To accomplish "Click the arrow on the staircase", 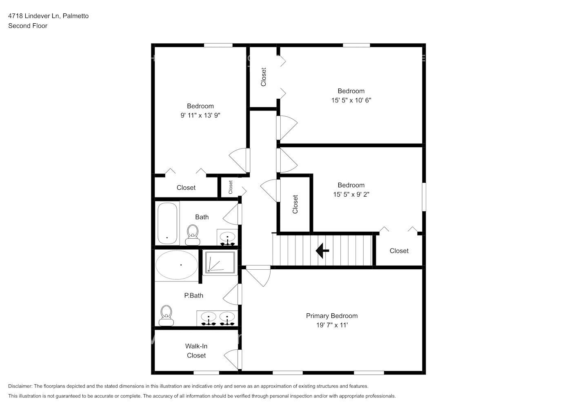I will [322, 251].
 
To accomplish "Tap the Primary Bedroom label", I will [331, 316].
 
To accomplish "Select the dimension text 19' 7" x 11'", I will [331, 325].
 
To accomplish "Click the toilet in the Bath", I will [192, 235].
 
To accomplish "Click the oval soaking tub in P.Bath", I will [176, 265].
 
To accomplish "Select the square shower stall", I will [220, 262].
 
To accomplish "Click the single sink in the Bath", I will [227, 237].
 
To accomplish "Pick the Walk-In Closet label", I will [196, 351].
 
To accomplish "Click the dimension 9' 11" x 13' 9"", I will [200, 115].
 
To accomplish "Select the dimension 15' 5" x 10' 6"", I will [351, 100].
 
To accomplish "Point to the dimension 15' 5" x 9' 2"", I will [351, 195].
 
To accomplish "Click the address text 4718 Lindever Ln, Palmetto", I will [48, 16].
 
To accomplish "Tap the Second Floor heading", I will [28, 26].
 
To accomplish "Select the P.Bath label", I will [193, 295].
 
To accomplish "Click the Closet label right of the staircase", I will [399, 251].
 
